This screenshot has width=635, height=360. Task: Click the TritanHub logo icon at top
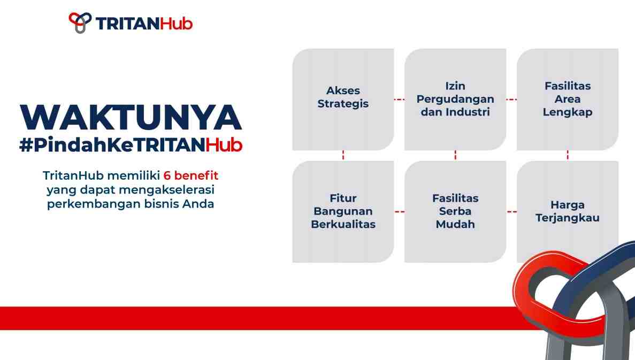point(80,22)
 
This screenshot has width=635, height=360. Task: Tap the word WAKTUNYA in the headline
point(131,118)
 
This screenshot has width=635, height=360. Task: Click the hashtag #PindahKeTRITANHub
point(131,145)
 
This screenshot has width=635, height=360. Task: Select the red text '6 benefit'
point(191,175)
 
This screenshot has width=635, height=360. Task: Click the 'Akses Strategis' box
point(343,99)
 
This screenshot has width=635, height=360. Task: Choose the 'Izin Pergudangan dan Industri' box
point(455,99)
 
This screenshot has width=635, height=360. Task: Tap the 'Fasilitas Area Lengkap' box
point(568,99)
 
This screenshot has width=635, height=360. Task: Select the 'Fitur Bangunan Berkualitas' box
point(343,212)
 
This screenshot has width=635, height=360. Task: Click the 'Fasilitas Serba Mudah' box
point(455,212)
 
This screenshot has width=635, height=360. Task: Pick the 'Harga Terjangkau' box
point(568,212)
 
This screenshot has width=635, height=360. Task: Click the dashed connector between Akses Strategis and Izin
point(399,99)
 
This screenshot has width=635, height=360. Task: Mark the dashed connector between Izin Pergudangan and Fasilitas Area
point(511,99)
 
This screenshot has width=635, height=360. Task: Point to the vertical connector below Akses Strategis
point(343,155)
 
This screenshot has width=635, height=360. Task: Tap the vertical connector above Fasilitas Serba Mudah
point(455,155)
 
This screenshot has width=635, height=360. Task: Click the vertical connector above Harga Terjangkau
point(568,155)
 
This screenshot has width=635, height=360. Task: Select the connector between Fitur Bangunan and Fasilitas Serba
point(399,212)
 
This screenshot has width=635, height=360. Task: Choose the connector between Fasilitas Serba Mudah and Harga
point(511,212)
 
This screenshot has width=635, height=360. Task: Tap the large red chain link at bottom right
point(523,284)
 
